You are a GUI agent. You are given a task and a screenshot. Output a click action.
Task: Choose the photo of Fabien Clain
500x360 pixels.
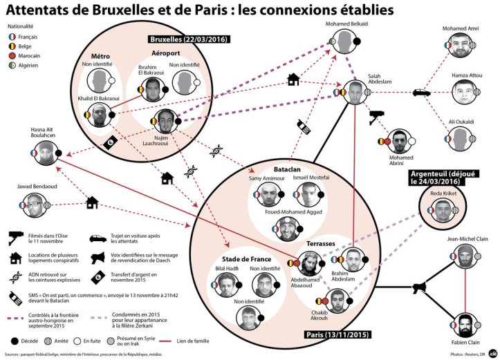coord(465,325)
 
